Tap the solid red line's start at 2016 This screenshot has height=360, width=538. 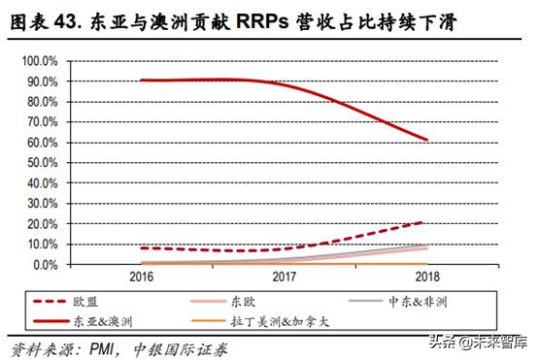143,81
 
